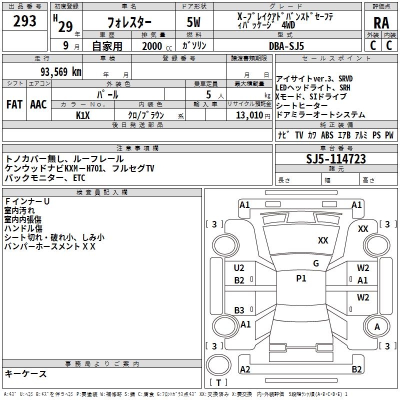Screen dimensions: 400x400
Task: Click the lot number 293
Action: [x=24, y=21]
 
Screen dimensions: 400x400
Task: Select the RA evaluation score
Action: [x=381, y=23]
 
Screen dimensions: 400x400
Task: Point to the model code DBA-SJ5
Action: [x=286, y=46]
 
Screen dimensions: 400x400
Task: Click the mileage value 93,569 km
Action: [x=59, y=71]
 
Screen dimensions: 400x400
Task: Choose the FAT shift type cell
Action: [x=14, y=104]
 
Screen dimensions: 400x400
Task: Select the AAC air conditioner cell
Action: [x=38, y=104]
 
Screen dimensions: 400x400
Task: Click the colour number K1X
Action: [x=83, y=115]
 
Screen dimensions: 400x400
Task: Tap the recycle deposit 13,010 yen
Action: [x=248, y=115]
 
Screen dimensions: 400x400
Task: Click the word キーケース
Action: [x=25, y=373]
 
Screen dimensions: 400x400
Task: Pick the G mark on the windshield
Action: [x=316, y=263]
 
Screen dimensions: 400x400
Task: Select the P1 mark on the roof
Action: [x=301, y=278]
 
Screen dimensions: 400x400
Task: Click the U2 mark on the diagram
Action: [x=239, y=268]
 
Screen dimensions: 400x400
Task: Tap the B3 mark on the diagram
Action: [x=239, y=310]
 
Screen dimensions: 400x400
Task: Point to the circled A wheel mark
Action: [x=377, y=326]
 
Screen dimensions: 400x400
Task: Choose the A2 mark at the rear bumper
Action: [x=245, y=369]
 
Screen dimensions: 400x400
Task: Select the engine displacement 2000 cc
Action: [x=153, y=46]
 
